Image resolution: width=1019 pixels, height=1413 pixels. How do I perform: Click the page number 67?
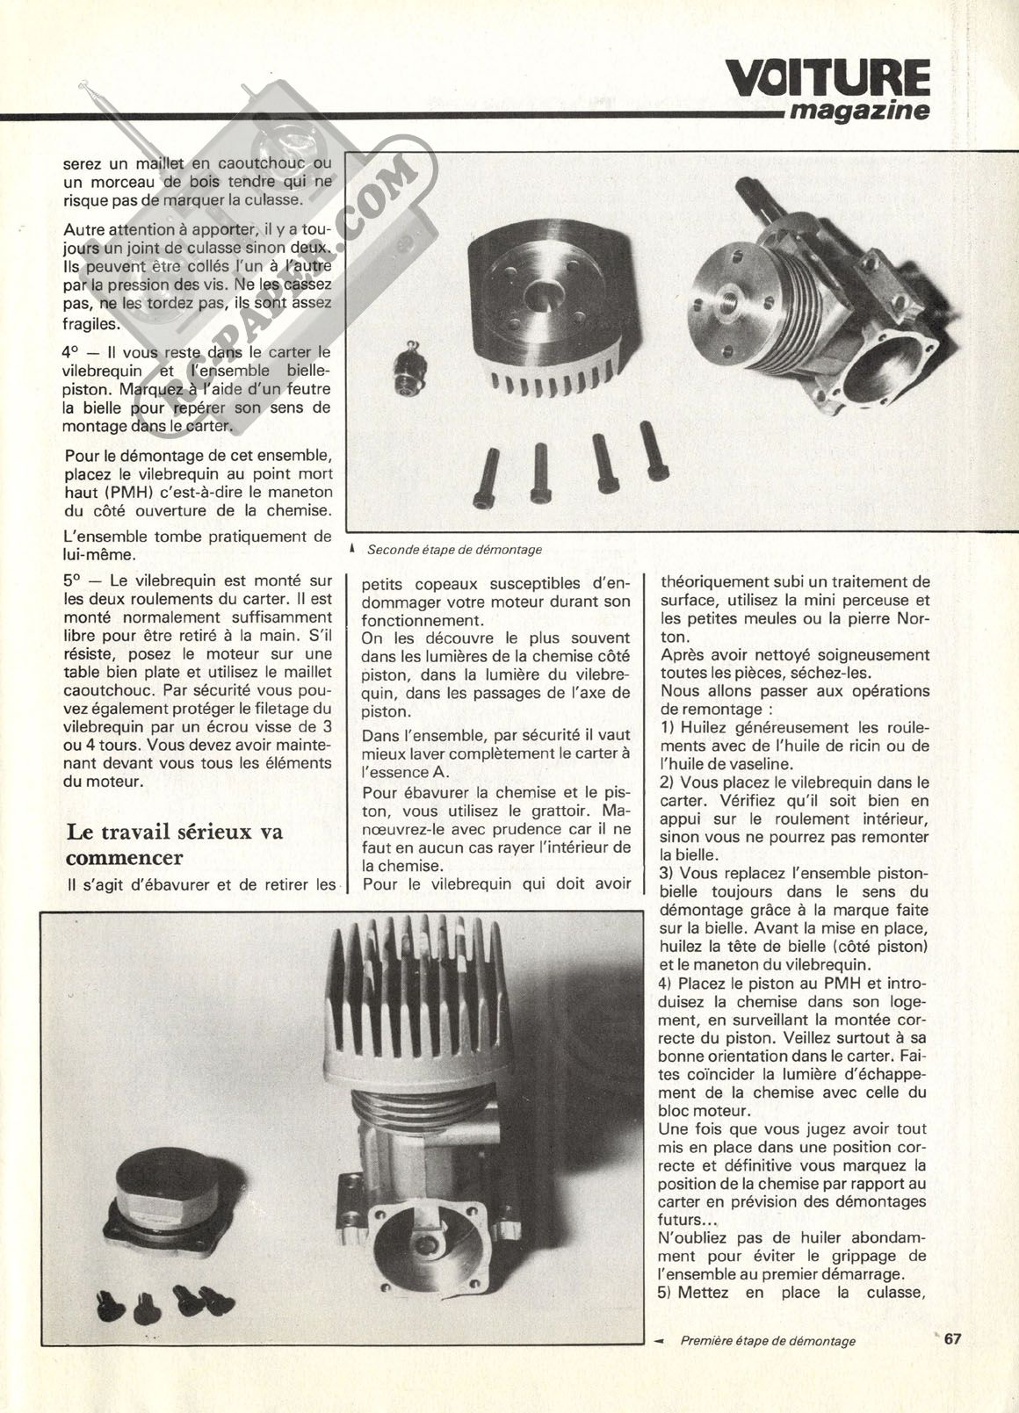pyautogui.click(x=954, y=1340)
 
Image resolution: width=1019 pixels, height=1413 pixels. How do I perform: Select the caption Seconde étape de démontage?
pyautogui.click(x=454, y=550)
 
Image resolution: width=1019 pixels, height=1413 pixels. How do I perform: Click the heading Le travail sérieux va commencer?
pyautogui.click(x=174, y=843)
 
